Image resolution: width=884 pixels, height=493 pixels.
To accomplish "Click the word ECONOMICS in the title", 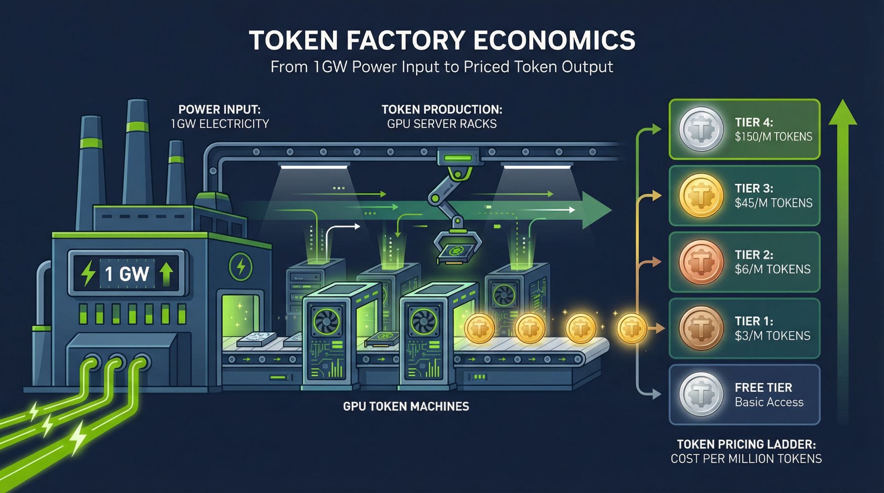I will (x=554, y=41).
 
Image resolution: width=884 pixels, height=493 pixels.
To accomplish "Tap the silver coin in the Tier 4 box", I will (x=701, y=129).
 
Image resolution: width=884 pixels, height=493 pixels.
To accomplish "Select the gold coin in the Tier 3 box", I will (x=701, y=196).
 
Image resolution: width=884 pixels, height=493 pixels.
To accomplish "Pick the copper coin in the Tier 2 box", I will (x=701, y=262).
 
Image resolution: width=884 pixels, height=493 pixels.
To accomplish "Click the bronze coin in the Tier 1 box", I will (x=701, y=328).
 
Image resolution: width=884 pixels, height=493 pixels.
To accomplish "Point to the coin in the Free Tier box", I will (x=701, y=394).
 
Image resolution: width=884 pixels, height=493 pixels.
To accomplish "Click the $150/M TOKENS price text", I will (x=773, y=137).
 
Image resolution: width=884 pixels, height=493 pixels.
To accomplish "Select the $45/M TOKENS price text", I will (x=773, y=203).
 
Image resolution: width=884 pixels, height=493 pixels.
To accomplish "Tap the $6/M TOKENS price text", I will (x=773, y=269).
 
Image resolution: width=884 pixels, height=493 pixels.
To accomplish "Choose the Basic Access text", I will (x=769, y=402).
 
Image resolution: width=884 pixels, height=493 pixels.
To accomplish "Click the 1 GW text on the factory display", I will (x=127, y=274).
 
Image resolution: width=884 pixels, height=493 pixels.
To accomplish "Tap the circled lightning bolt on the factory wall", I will (x=240, y=266).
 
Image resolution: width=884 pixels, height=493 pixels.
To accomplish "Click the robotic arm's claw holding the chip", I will (x=457, y=246).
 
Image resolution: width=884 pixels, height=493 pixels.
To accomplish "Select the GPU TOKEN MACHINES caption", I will (x=406, y=406).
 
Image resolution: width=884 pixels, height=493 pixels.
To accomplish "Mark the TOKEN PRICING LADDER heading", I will (x=746, y=444).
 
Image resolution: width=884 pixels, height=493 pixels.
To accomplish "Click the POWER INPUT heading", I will (x=219, y=110).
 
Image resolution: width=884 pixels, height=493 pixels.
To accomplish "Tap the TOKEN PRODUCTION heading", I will (x=442, y=110).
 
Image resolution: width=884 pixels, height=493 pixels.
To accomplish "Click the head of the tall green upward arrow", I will (x=843, y=113).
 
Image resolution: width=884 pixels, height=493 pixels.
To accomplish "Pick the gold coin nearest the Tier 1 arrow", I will (x=631, y=328).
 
